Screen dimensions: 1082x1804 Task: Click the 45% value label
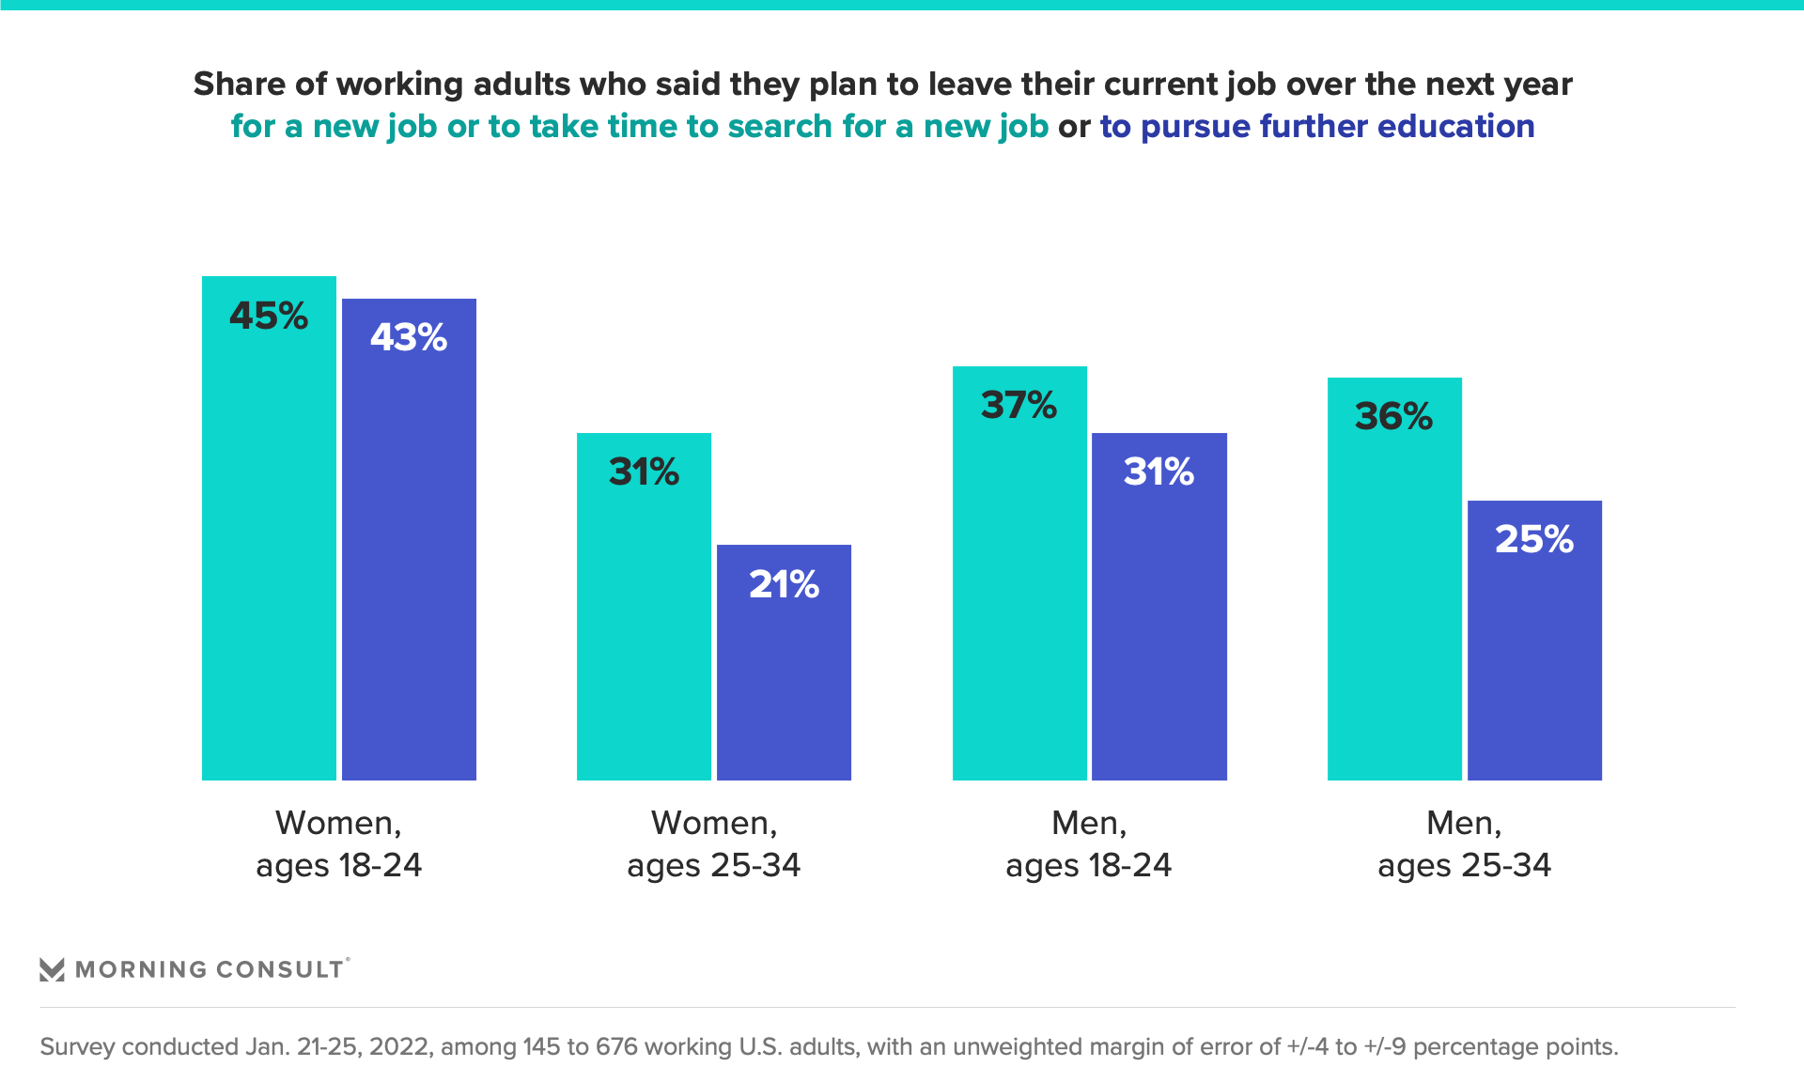point(269,317)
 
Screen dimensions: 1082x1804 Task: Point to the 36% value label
point(1393,417)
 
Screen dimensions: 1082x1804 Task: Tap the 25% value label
point(1533,539)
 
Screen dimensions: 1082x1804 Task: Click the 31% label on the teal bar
point(644,471)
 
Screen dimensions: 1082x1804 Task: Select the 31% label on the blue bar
point(1159,471)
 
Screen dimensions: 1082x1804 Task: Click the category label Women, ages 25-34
point(713,843)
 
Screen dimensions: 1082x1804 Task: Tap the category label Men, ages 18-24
point(1088,843)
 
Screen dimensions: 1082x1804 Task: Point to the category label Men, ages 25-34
point(1464,843)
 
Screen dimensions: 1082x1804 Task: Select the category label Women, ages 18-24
point(338,843)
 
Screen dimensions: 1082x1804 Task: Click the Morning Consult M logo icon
point(52,969)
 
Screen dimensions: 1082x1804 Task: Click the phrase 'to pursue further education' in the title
point(1316,126)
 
